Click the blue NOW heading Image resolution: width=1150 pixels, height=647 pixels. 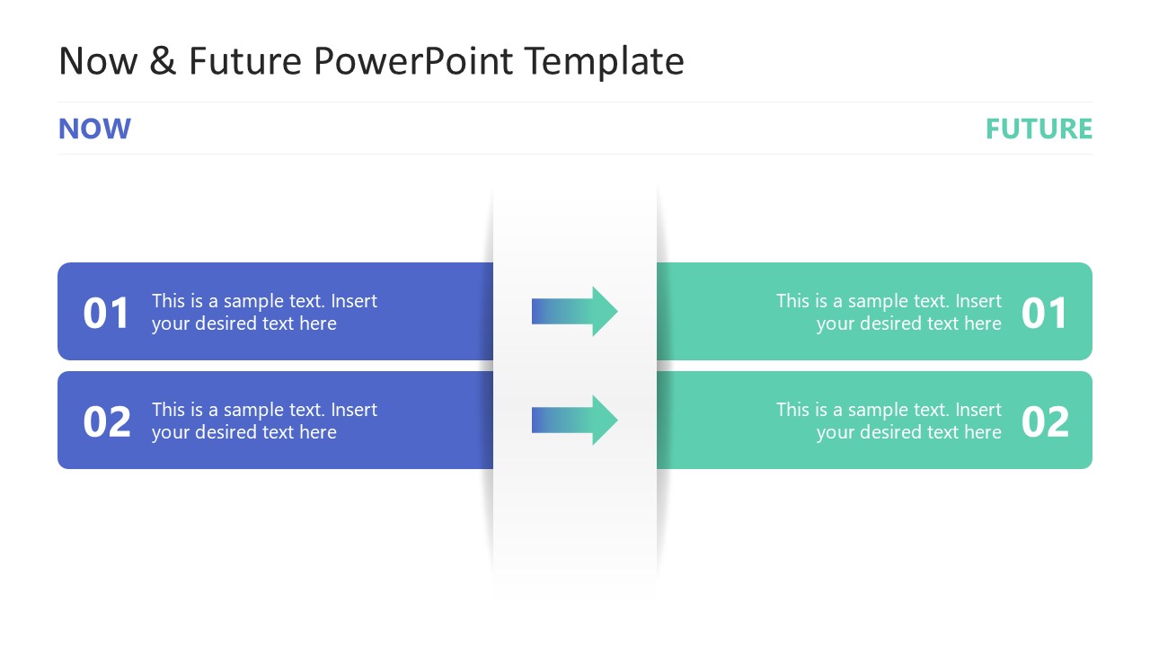pos(94,129)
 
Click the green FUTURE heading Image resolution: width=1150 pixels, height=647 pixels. pos(1039,129)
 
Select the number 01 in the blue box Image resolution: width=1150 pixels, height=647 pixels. pos(107,313)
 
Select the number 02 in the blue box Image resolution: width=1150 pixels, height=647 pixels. pos(107,421)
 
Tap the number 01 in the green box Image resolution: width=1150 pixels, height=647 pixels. pos(1045,313)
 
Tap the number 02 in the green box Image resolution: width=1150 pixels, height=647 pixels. pos(1045,421)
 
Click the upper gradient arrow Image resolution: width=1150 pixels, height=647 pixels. pos(574,311)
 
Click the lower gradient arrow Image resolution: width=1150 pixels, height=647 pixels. pos(574,420)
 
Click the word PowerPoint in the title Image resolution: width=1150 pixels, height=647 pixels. pos(414,61)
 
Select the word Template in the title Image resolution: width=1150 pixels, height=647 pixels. pos(604,61)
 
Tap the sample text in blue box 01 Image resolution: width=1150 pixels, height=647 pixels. pos(264,312)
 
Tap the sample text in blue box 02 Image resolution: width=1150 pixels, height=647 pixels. pos(264,421)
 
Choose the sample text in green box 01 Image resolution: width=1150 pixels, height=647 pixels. pos(889,312)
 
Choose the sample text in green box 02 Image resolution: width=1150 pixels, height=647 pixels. pos(889,421)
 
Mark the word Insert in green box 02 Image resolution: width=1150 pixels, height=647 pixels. pos(978,410)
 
